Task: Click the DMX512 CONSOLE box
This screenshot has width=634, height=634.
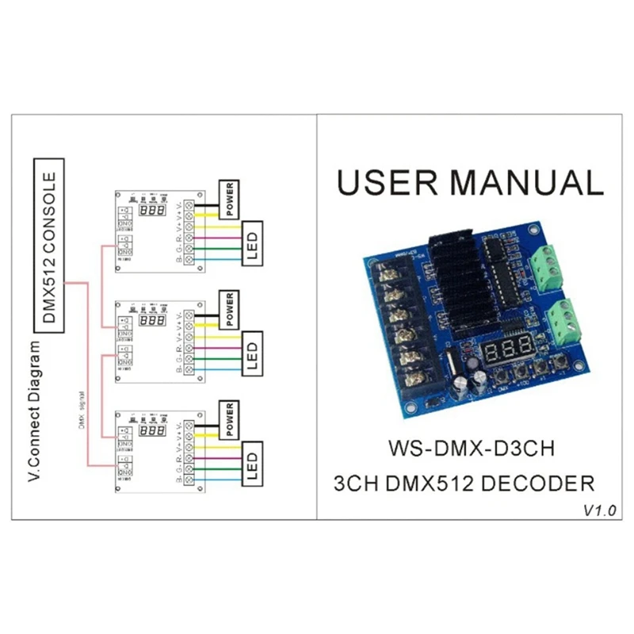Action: pyautogui.click(x=49, y=245)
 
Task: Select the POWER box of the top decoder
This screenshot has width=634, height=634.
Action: pyautogui.click(x=229, y=197)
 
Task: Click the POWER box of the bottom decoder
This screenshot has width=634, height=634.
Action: pyautogui.click(x=229, y=419)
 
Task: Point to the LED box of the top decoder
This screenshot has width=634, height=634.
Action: pyautogui.click(x=250, y=243)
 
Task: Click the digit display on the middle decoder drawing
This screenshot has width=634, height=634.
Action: pyautogui.click(x=151, y=323)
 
